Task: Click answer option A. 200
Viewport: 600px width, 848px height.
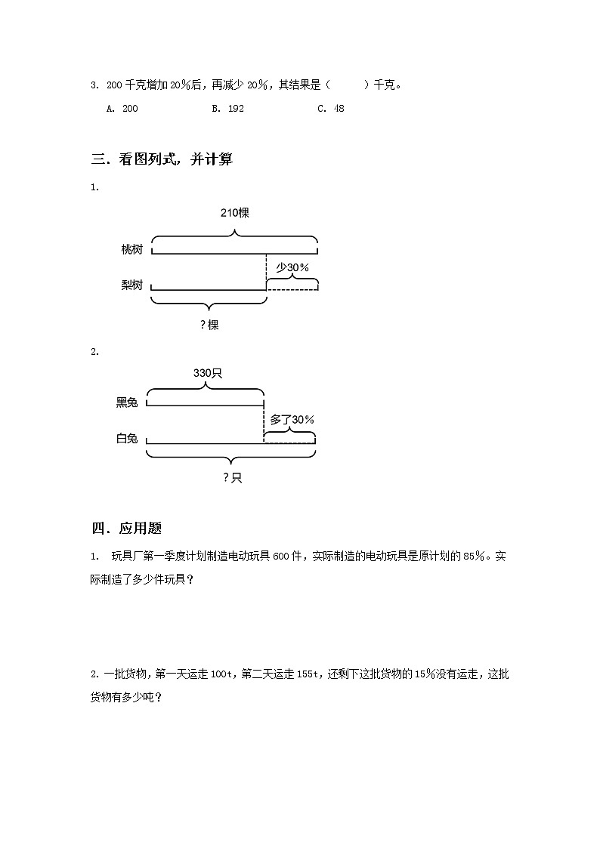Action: [122, 109]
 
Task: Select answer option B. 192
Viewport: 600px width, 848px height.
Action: [227, 109]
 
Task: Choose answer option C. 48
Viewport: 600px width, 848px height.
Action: [331, 109]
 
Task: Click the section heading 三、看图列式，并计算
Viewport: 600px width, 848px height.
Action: [162, 159]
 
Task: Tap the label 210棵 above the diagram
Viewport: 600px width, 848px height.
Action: [234, 213]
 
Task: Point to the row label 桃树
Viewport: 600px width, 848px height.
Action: [131, 249]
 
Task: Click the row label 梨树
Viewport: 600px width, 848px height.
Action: [131, 285]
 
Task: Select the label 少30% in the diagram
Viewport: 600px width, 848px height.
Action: [292, 267]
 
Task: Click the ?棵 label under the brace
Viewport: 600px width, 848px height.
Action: [209, 325]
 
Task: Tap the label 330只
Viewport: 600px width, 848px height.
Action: [206, 373]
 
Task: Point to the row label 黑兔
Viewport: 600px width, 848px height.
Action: [127, 402]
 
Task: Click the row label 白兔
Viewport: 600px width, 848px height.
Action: [127, 439]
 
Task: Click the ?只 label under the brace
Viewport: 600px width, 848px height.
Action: [232, 477]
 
